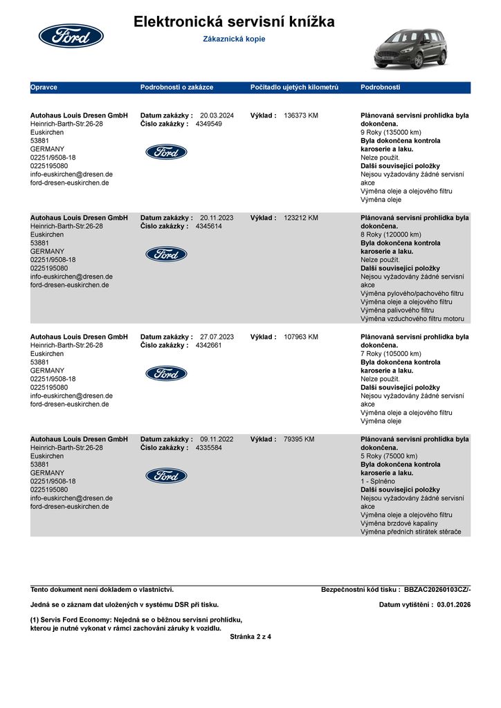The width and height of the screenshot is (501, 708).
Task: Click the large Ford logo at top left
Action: coord(71,36)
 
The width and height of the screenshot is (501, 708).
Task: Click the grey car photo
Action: coord(411,48)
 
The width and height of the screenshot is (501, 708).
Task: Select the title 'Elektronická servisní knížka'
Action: coord(234,22)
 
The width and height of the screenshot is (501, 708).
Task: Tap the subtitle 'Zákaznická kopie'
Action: coord(234,39)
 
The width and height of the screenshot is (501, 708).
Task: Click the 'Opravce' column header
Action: coord(44,88)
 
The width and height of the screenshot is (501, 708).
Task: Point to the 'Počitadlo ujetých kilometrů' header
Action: coord(294,88)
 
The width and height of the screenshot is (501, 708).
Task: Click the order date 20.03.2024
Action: coord(217,115)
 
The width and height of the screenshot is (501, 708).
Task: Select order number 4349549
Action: coord(209,124)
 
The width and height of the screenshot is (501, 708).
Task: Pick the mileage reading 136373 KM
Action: coord(301,115)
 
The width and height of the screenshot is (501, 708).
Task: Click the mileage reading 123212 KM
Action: coord(301,218)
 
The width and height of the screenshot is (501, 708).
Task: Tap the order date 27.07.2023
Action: coord(217,337)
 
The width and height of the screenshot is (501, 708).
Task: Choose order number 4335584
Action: coord(209,448)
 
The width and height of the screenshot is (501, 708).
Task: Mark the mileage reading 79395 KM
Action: coord(299,439)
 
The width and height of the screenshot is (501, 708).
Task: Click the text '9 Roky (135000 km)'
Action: coord(391,132)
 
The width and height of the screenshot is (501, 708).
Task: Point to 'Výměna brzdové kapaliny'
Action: coord(399,523)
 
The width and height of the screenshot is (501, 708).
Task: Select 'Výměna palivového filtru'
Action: coord(398,310)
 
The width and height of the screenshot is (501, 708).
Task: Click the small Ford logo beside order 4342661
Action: coord(166,373)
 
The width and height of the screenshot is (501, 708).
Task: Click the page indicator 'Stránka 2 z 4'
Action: coord(250,637)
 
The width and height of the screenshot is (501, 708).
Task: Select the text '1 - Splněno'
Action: coord(378,481)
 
